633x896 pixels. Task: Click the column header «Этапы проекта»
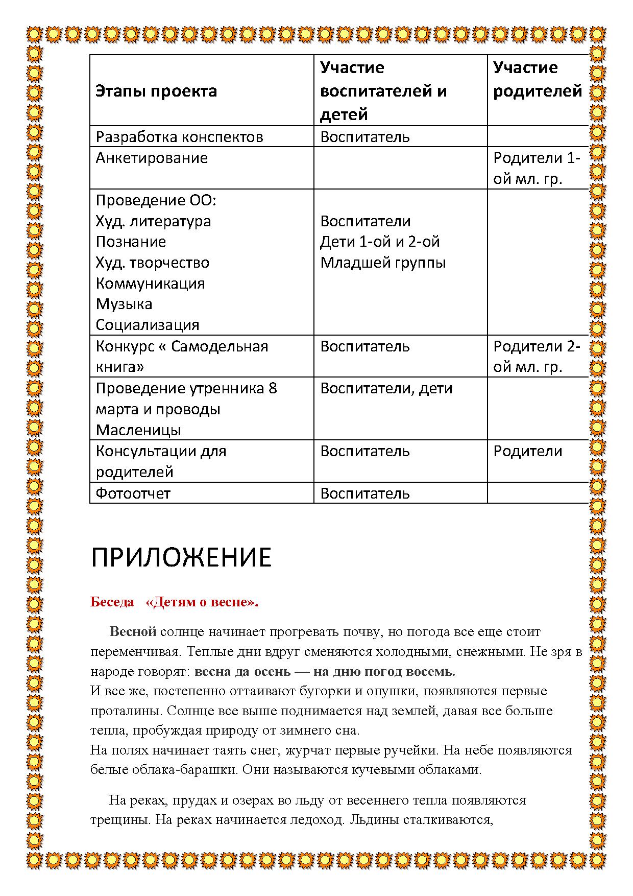coord(156,91)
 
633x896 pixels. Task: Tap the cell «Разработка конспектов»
coord(179,137)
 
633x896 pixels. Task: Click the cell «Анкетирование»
coord(152,158)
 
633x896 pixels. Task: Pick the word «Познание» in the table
coord(131,242)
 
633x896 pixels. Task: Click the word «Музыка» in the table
coord(124,304)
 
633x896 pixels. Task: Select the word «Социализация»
coord(148,325)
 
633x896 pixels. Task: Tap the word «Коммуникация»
coord(150,284)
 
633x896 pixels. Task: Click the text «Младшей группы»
coord(383,263)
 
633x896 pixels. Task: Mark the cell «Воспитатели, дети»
coord(386,388)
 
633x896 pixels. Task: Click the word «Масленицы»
coord(138,430)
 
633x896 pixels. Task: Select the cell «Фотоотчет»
coord(133,493)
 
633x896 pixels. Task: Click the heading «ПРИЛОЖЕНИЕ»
coord(181,557)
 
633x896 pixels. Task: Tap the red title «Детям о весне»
coord(202,602)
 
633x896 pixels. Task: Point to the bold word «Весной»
coord(133,632)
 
